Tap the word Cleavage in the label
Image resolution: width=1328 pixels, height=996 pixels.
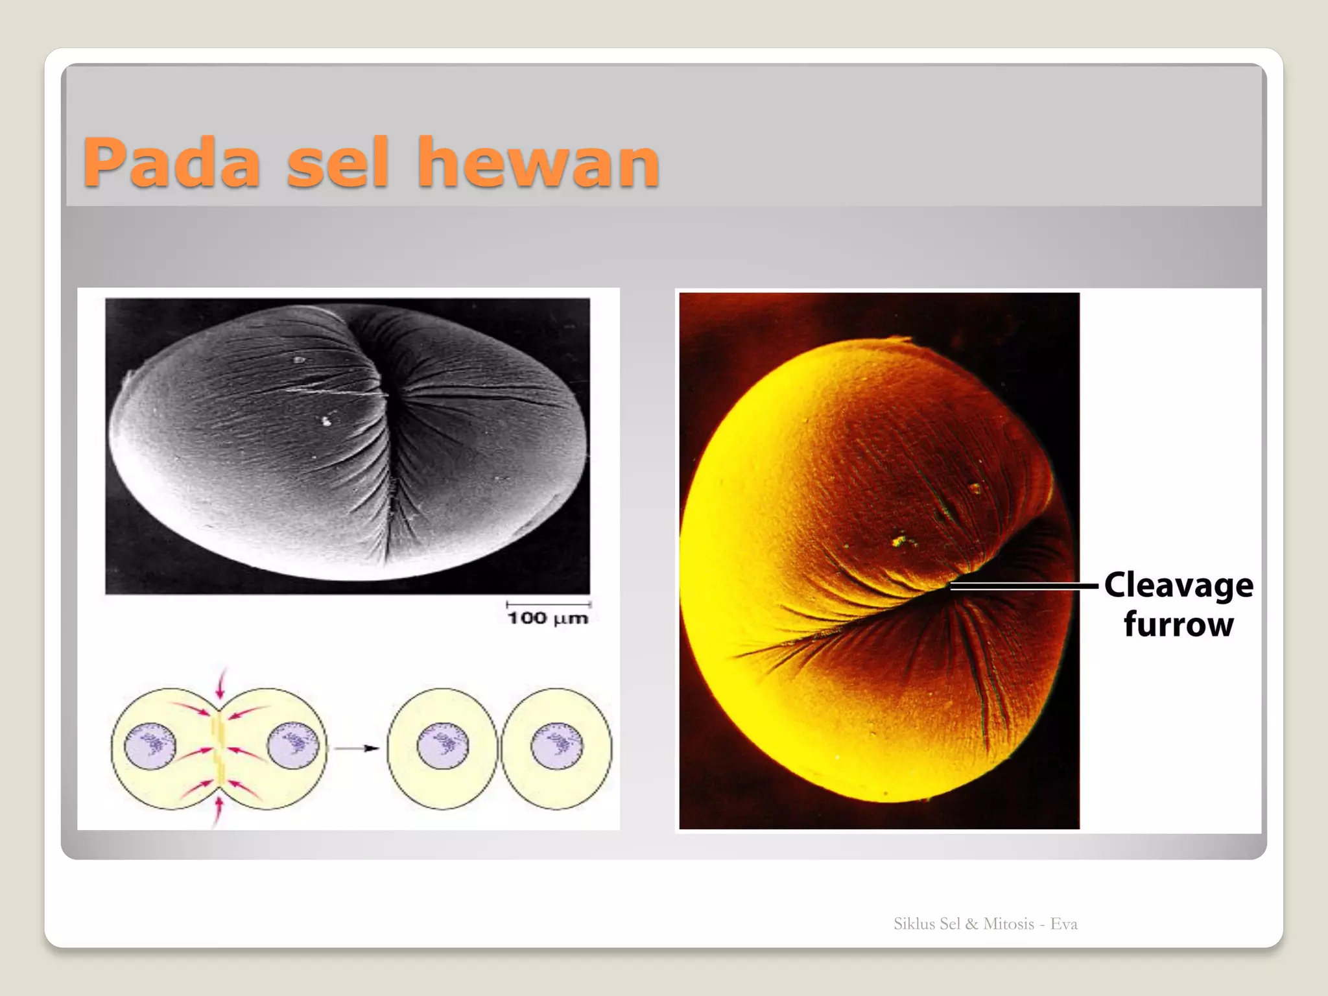point(1178,586)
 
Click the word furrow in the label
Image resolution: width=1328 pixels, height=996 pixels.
point(1178,624)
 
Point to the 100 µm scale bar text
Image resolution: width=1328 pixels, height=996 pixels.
point(548,618)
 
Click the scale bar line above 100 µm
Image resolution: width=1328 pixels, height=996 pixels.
point(548,604)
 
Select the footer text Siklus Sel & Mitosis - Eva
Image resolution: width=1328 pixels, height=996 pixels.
point(985,924)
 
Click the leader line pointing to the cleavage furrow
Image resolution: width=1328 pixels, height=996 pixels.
point(1025,586)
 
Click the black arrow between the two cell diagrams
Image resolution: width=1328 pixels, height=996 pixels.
point(357,748)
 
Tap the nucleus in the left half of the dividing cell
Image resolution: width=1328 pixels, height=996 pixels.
point(150,746)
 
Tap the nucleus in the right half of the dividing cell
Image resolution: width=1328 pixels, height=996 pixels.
point(293,746)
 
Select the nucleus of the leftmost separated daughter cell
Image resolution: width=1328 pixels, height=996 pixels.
point(443,746)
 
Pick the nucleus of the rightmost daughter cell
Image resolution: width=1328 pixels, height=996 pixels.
point(557,746)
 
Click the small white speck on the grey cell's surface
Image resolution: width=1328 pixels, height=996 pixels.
point(326,421)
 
